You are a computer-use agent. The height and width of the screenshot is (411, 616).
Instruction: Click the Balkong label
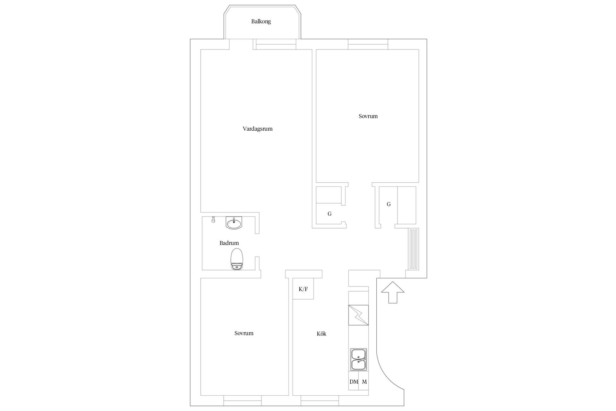click(261, 22)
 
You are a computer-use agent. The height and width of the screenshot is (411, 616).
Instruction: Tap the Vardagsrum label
click(258, 129)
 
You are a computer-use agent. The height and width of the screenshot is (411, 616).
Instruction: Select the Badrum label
click(229, 243)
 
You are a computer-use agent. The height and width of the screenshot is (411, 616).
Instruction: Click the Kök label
click(321, 334)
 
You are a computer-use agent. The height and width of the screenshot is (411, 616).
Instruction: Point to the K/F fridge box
click(303, 289)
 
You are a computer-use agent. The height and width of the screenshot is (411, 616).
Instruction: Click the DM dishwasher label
click(354, 382)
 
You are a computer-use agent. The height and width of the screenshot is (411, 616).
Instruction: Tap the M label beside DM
click(364, 382)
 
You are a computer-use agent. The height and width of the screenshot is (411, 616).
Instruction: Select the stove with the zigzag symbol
click(358, 315)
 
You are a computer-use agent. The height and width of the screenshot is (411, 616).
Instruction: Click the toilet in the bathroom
click(237, 259)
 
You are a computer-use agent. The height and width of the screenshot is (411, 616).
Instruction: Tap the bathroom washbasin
click(234, 223)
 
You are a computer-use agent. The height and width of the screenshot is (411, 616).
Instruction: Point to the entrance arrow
click(393, 292)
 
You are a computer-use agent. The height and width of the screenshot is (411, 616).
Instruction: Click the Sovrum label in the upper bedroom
click(368, 116)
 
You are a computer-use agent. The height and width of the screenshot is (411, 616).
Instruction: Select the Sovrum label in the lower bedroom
click(244, 333)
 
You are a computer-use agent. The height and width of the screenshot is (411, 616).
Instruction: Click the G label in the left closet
click(329, 214)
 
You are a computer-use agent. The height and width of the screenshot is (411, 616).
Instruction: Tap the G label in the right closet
click(389, 204)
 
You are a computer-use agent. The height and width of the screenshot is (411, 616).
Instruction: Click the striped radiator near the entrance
click(413, 249)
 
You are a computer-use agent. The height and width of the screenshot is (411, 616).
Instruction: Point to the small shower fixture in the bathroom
click(213, 220)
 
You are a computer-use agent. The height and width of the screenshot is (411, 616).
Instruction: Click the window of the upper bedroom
click(368, 44)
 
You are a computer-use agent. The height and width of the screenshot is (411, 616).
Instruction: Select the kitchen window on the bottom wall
click(320, 401)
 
